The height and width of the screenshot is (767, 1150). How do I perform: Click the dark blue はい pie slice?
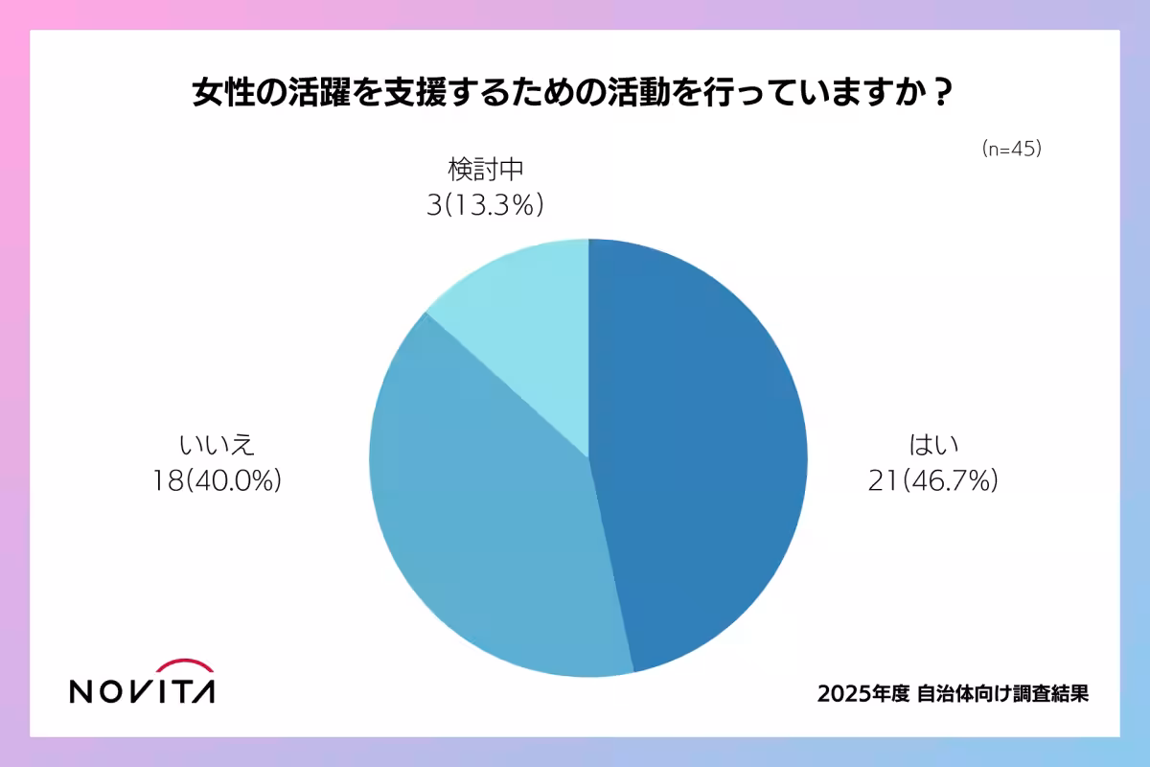coord(700,451)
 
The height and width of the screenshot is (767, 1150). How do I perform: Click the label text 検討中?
coord(486,171)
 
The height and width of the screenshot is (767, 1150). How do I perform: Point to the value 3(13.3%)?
coord(486,204)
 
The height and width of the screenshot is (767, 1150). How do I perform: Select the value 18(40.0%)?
coord(217,480)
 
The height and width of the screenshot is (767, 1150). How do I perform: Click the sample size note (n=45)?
coord(1011,150)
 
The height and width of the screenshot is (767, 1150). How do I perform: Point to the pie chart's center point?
coord(588,458)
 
